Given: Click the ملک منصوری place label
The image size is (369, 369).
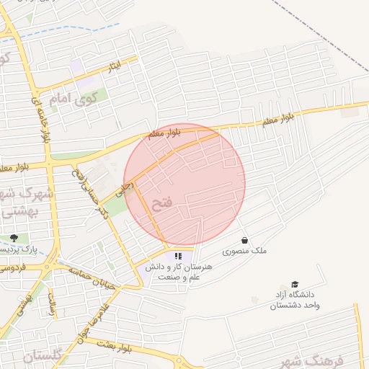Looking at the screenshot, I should click(x=244, y=251).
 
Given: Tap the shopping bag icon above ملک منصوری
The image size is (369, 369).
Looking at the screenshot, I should click(x=244, y=240).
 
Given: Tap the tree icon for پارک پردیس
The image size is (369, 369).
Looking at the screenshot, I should click(x=14, y=238).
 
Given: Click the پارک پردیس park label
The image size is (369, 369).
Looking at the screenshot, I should click(x=20, y=249).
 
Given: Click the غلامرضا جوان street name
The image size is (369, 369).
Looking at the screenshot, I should click(x=91, y=321).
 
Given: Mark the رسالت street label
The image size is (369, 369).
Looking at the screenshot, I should click(x=52, y=303).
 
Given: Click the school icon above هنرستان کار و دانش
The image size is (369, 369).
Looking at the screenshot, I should click(x=177, y=256).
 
